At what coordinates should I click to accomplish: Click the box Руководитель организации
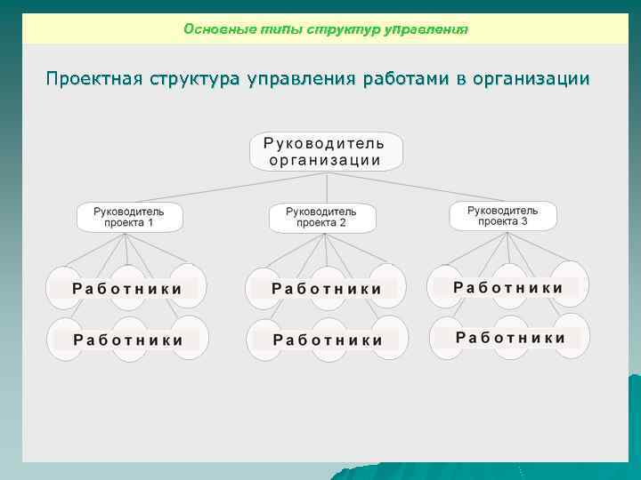(326, 152)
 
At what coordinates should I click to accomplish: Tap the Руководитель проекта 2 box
(321, 217)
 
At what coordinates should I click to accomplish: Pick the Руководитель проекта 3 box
(503, 215)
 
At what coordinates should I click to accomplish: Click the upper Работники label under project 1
(127, 289)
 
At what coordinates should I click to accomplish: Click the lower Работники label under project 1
(128, 340)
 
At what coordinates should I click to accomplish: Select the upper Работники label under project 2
(327, 289)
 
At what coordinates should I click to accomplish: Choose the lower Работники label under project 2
(328, 340)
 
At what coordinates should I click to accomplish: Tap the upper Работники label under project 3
(508, 287)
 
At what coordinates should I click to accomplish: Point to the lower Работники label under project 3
(510, 338)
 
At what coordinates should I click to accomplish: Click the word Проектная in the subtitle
(94, 79)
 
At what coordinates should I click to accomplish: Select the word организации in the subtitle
(533, 79)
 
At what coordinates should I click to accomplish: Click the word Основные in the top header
(214, 29)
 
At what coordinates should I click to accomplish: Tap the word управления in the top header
(426, 29)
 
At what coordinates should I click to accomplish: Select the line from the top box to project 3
(418, 188)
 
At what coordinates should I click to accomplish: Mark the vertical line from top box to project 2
(327, 187)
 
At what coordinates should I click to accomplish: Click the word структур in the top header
(342, 29)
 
